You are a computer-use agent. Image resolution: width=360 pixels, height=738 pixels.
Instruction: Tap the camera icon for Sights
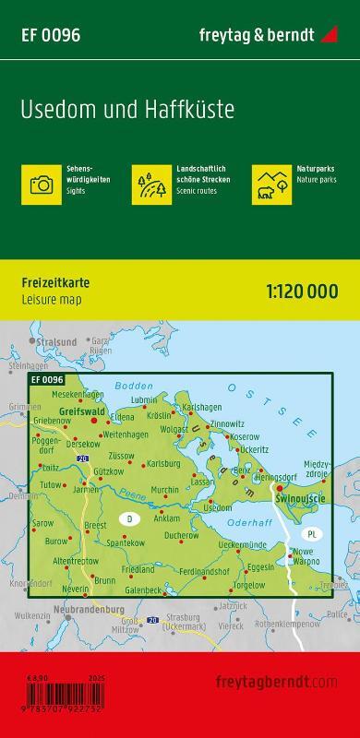click(42, 184)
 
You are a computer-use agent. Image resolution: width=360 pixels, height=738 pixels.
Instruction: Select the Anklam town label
click(172, 514)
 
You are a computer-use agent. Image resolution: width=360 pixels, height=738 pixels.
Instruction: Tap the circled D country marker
click(128, 518)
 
